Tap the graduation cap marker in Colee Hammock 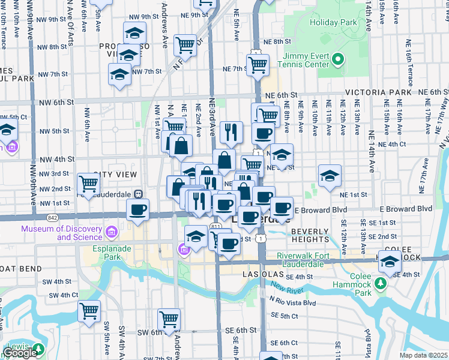click(389, 262)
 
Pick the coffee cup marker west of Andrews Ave click(137, 210)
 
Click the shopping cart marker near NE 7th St click(258, 65)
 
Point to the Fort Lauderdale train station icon click(139, 194)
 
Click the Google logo click(20, 353)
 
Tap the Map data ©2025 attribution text click(423, 355)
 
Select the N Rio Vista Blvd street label click(292, 303)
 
